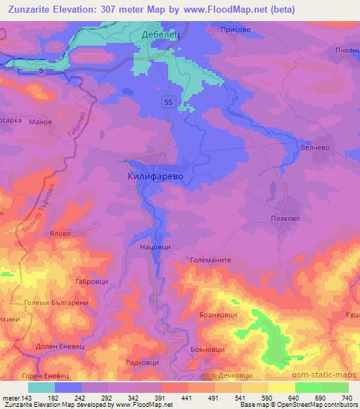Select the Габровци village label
click(89, 281)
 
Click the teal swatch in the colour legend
click(41, 387)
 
